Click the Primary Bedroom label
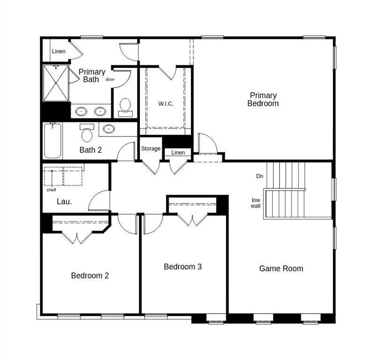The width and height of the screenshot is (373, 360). click(263, 99)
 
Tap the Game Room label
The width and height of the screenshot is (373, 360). click(281, 269)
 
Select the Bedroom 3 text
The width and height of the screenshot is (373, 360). click(183, 267)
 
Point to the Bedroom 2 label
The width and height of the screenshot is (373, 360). click(90, 276)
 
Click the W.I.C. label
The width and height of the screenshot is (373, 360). click(166, 104)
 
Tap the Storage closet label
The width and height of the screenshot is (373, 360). click(151, 149)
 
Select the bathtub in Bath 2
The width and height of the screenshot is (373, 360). click(53, 140)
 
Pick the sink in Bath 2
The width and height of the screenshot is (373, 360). click(109, 129)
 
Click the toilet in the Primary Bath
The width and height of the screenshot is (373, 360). click(125, 107)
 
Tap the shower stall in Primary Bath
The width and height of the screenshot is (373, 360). click(56, 83)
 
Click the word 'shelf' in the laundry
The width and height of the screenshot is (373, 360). click(52, 190)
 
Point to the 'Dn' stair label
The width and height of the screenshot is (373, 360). click(259, 176)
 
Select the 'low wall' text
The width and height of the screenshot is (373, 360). click(256, 203)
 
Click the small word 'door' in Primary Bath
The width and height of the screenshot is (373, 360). click(110, 79)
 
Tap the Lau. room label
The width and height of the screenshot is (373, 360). click(64, 202)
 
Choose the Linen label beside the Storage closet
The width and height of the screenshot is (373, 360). click(178, 152)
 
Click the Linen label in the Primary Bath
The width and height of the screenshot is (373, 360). click(59, 51)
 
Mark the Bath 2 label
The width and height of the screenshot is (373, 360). click(91, 150)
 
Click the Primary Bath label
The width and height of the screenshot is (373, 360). click(92, 75)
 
